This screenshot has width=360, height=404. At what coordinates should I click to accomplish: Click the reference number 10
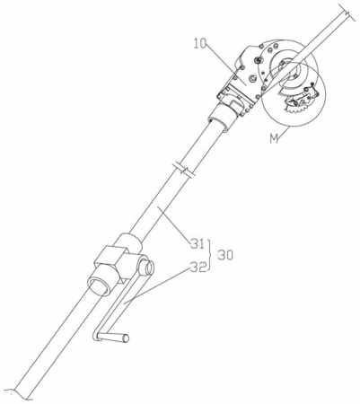coord(200,44)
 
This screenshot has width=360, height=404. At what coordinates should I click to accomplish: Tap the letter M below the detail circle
coord(273,139)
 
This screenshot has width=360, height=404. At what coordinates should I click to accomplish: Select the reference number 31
coord(198,243)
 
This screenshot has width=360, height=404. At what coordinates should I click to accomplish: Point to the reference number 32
coord(198,267)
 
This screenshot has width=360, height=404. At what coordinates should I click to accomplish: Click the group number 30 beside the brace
coord(225,255)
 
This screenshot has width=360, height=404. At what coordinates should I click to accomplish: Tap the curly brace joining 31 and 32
coord(210,255)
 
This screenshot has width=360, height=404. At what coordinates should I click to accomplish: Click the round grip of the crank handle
coord(113,337)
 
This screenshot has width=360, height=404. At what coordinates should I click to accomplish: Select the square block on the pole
coord(111,262)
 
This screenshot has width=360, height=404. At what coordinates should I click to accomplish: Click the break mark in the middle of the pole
coord(183,169)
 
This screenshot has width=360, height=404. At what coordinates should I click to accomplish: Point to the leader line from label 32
coord(157,285)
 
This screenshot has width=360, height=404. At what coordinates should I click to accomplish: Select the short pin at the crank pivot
coord(146,266)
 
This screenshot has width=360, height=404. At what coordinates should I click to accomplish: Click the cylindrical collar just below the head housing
coord(223,115)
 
